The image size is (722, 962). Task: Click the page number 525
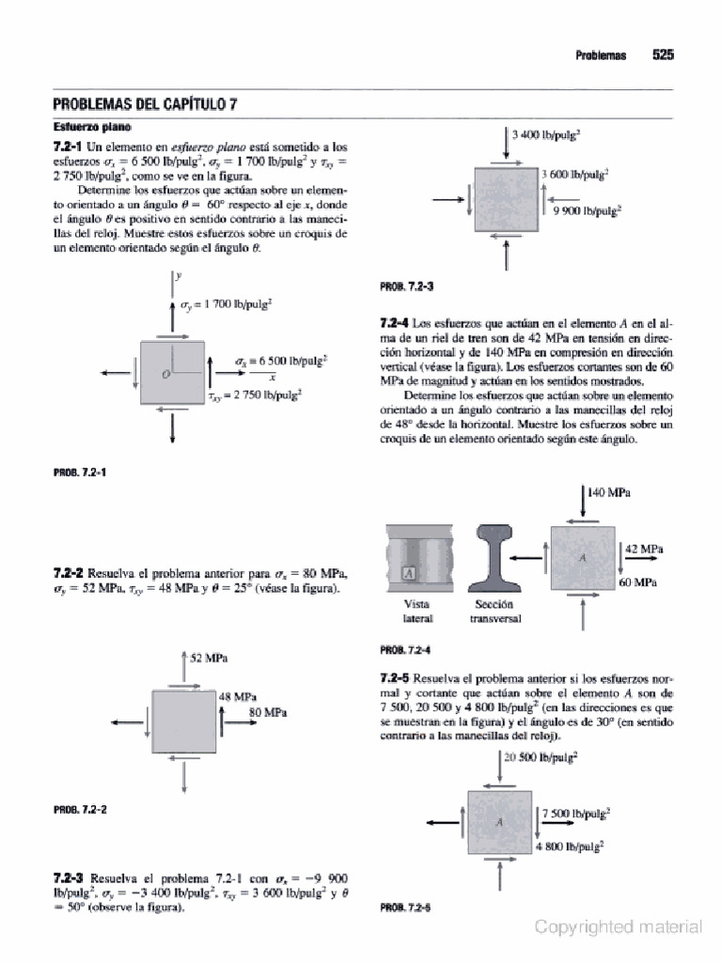click(664, 54)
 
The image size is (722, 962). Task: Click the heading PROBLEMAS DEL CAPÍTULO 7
click(145, 104)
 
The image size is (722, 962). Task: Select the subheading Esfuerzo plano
click(91, 126)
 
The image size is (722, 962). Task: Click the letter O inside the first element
click(165, 374)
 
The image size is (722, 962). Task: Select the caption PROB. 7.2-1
click(79, 472)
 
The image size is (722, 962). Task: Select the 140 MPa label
click(607, 491)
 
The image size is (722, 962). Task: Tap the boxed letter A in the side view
click(409, 572)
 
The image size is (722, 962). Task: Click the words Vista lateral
click(416, 612)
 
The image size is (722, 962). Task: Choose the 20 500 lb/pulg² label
click(541, 754)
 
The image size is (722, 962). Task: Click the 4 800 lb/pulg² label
click(570, 846)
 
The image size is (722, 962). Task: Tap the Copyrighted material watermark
click(618, 927)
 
